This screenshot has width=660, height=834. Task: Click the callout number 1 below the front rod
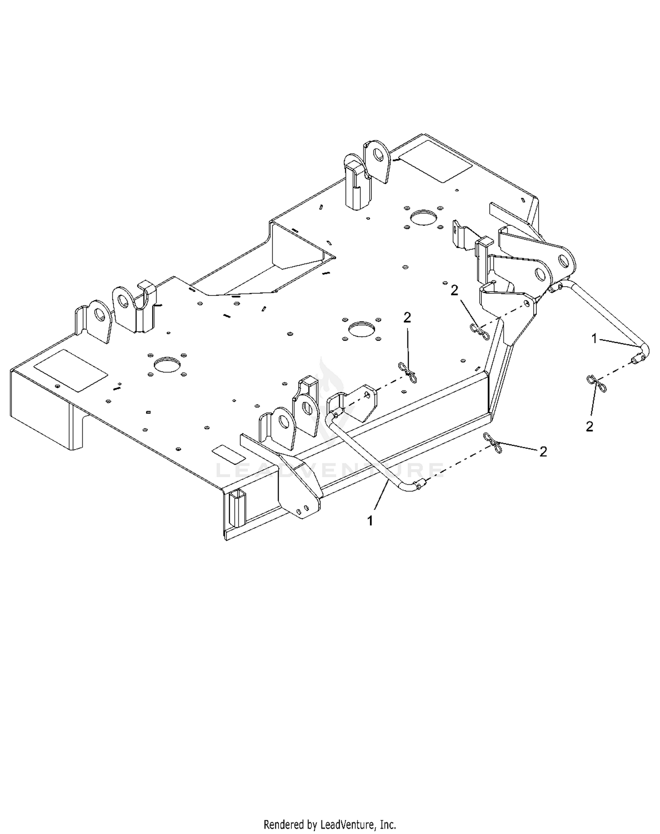pyautogui.click(x=370, y=520)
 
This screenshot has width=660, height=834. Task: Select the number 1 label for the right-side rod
pyautogui.click(x=594, y=339)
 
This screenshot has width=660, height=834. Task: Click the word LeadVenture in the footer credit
pyautogui.click(x=348, y=824)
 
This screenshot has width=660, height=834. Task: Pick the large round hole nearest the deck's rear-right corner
pyautogui.click(x=425, y=217)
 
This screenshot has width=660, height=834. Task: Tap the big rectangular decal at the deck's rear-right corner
pyautogui.click(x=435, y=162)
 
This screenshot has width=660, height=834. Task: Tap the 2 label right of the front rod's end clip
pyautogui.click(x=543, y=451)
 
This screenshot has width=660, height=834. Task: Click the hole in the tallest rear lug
pyautogui.click(x=378, y=155)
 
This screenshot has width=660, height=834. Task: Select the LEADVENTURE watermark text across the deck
pyautogui.click(x=330, y=469)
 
